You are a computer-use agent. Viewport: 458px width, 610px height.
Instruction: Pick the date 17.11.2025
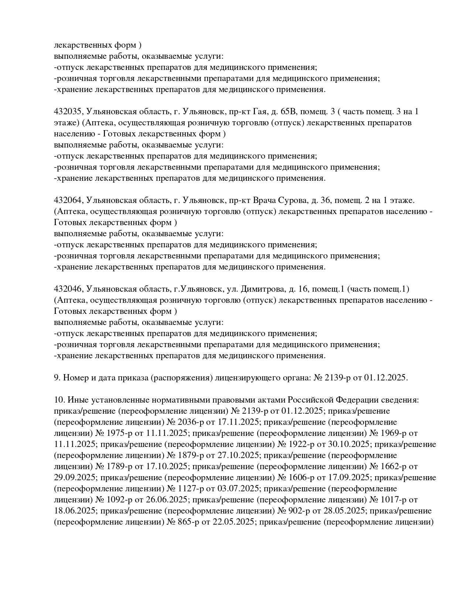click(x=234, y=422)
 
